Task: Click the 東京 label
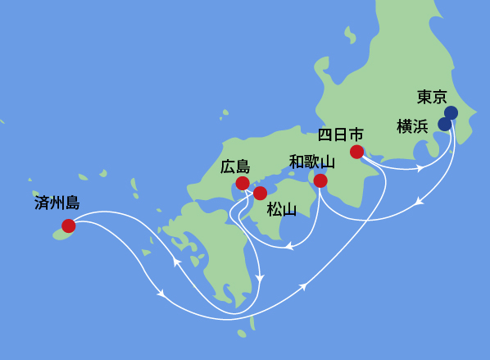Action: tap(431, 97)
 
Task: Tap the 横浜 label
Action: tap(411, 125)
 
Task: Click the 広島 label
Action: tap(235, 166)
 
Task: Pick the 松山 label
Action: tap(281, 210)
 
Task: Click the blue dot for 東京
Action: tap(451, 112)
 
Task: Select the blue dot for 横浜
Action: tap(444, 124)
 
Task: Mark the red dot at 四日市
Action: tap(356, 152)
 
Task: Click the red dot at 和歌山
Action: tap(320, 180)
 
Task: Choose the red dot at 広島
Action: tap(243, 183)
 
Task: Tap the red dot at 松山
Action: tap(260, 194)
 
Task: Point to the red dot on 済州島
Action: tap(68, 226)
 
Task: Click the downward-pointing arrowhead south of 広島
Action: tap(260, 279)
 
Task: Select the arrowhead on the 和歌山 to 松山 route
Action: tap(290, 245)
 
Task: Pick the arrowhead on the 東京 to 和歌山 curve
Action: tap(420, 201)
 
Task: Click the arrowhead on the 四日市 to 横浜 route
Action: tap(420, 168)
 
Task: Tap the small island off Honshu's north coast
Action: tap(351, 35)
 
